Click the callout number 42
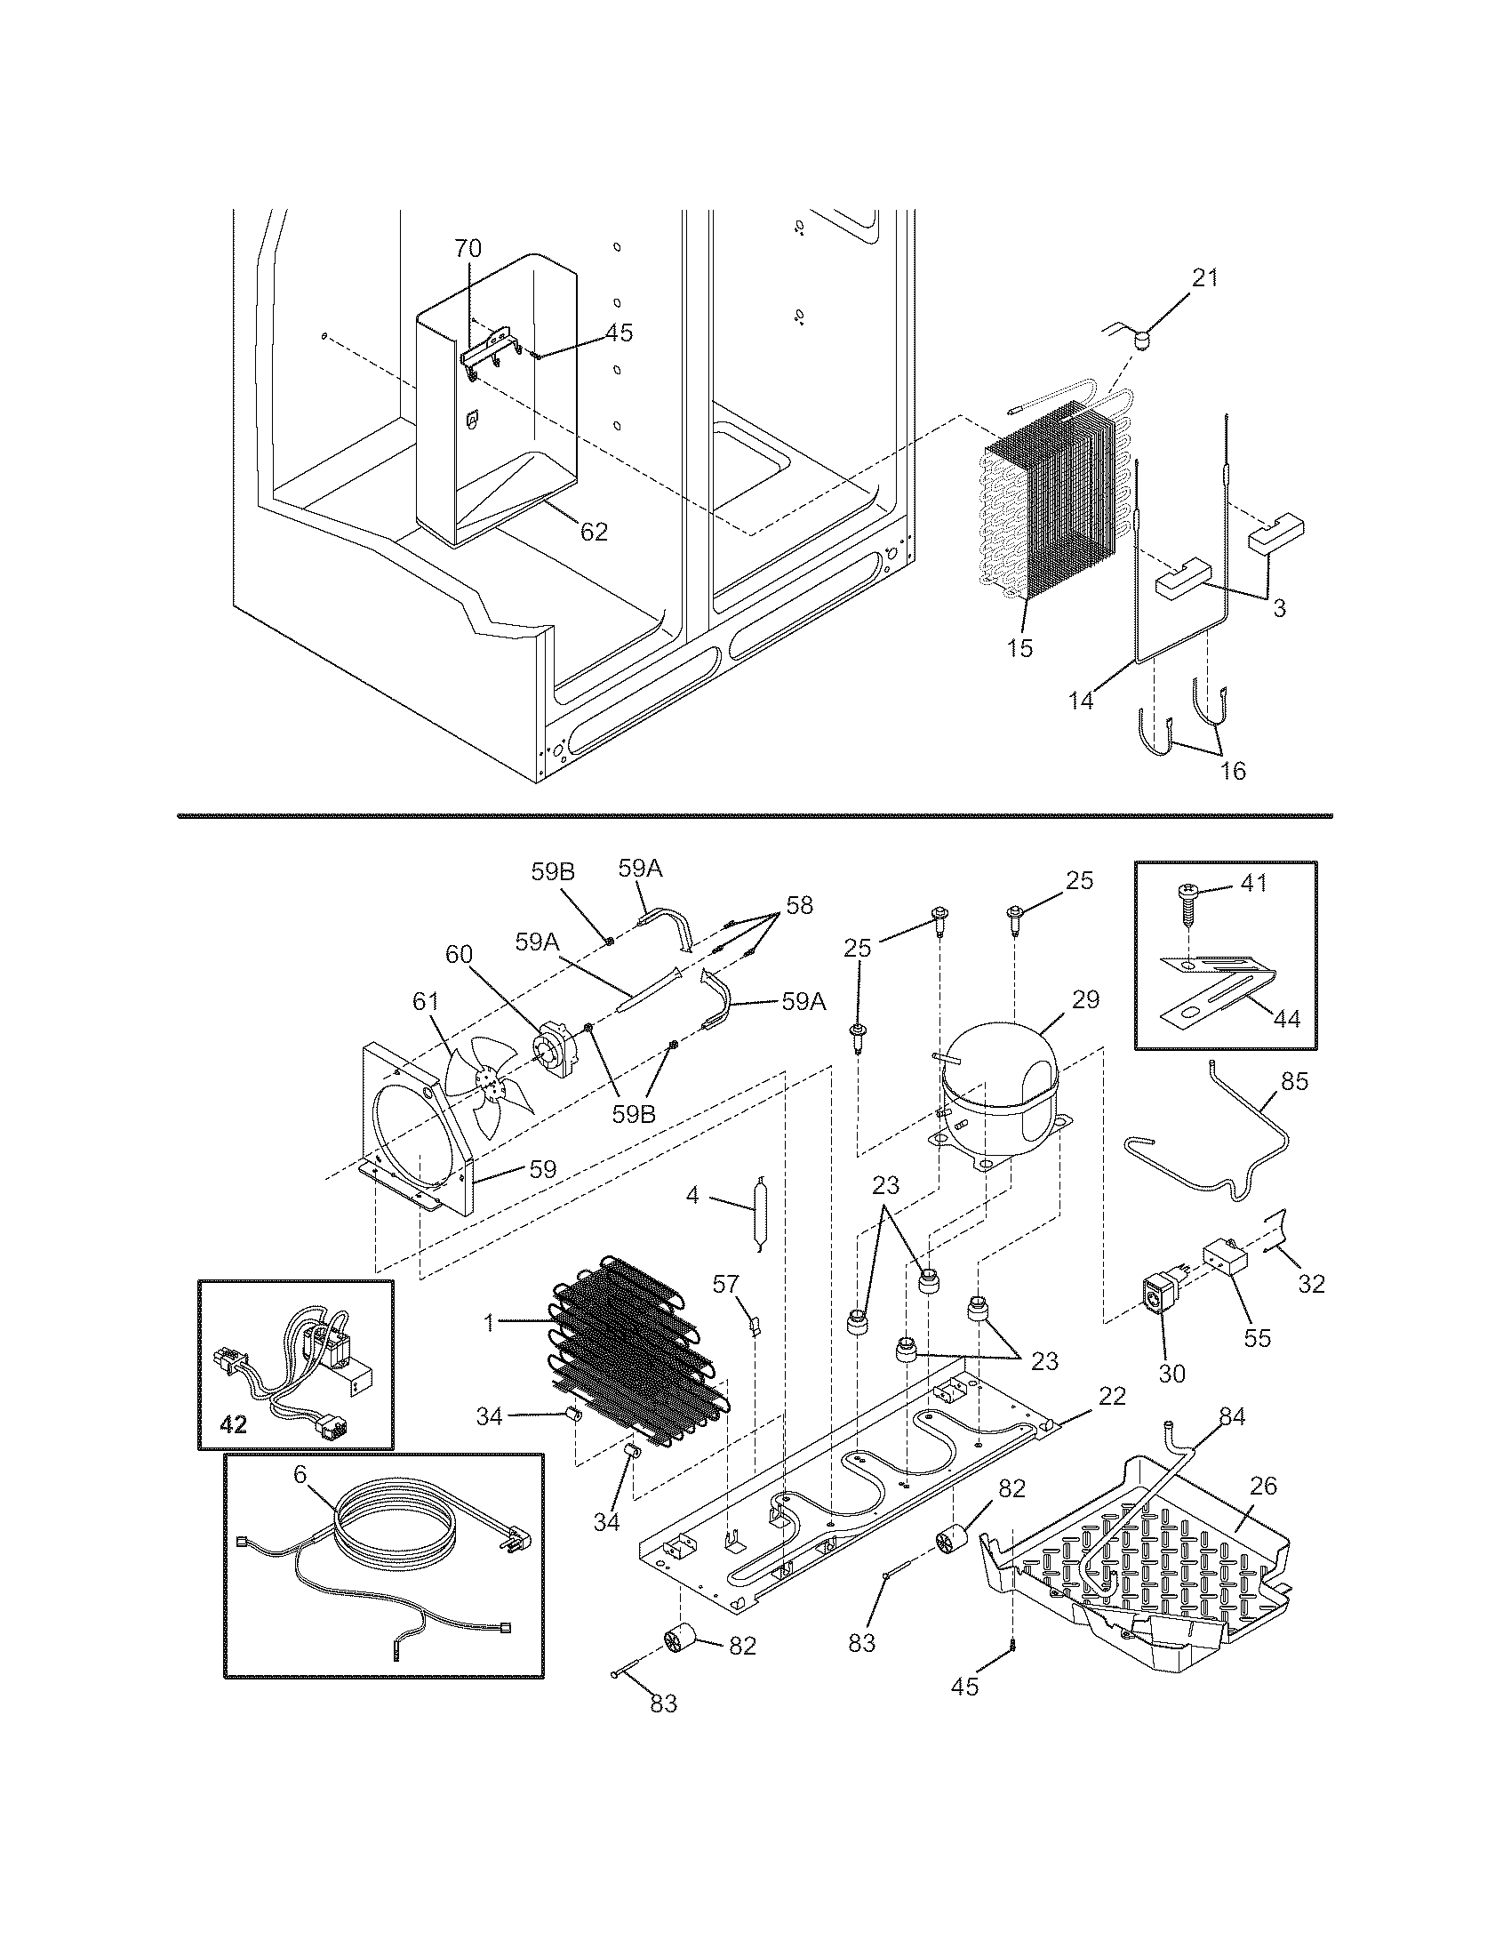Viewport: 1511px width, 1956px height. point(233,1424)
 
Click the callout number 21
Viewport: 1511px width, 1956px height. point(1205,277)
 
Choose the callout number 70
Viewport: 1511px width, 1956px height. point(468,248)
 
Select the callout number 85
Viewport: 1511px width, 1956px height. point(1294,1081)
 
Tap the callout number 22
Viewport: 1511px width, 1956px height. point(1112,1395)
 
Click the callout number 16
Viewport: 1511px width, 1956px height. point(1233,770)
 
